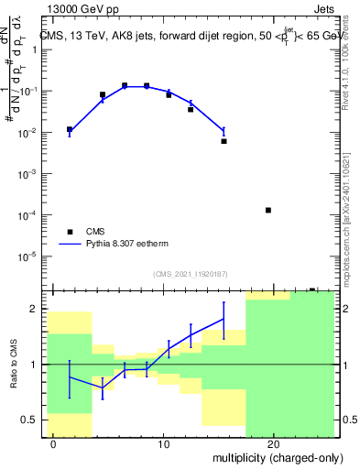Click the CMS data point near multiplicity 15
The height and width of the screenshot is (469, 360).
tap(224, 141)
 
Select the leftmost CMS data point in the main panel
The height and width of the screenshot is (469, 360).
tap(70, 129)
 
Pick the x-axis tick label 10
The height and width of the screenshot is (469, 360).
tap(163, 444)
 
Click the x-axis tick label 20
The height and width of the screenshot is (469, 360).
tap(273, 444)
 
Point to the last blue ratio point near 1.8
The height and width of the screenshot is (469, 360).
tap(224, 319)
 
